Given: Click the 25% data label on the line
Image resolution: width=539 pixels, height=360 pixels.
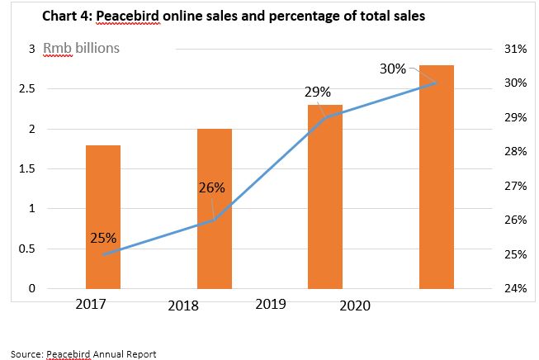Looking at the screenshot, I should coord(102,239).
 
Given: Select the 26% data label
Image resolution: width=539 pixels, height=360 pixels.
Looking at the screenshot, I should coord(212,187).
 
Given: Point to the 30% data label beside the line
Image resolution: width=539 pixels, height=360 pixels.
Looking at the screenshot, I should coord(393,69).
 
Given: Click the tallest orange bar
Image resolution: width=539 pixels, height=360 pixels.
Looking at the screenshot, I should coord(437,177).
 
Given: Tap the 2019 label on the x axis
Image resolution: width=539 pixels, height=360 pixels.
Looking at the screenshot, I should coord(271,304).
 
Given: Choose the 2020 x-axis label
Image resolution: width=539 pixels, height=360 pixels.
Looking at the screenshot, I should coord(355,306).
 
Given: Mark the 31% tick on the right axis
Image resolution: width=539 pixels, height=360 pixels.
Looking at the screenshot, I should coord(514,49).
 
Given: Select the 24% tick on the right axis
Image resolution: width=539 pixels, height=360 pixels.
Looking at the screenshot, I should coord(514,288).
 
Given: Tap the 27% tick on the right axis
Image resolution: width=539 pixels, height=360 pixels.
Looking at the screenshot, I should coord(514,186).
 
